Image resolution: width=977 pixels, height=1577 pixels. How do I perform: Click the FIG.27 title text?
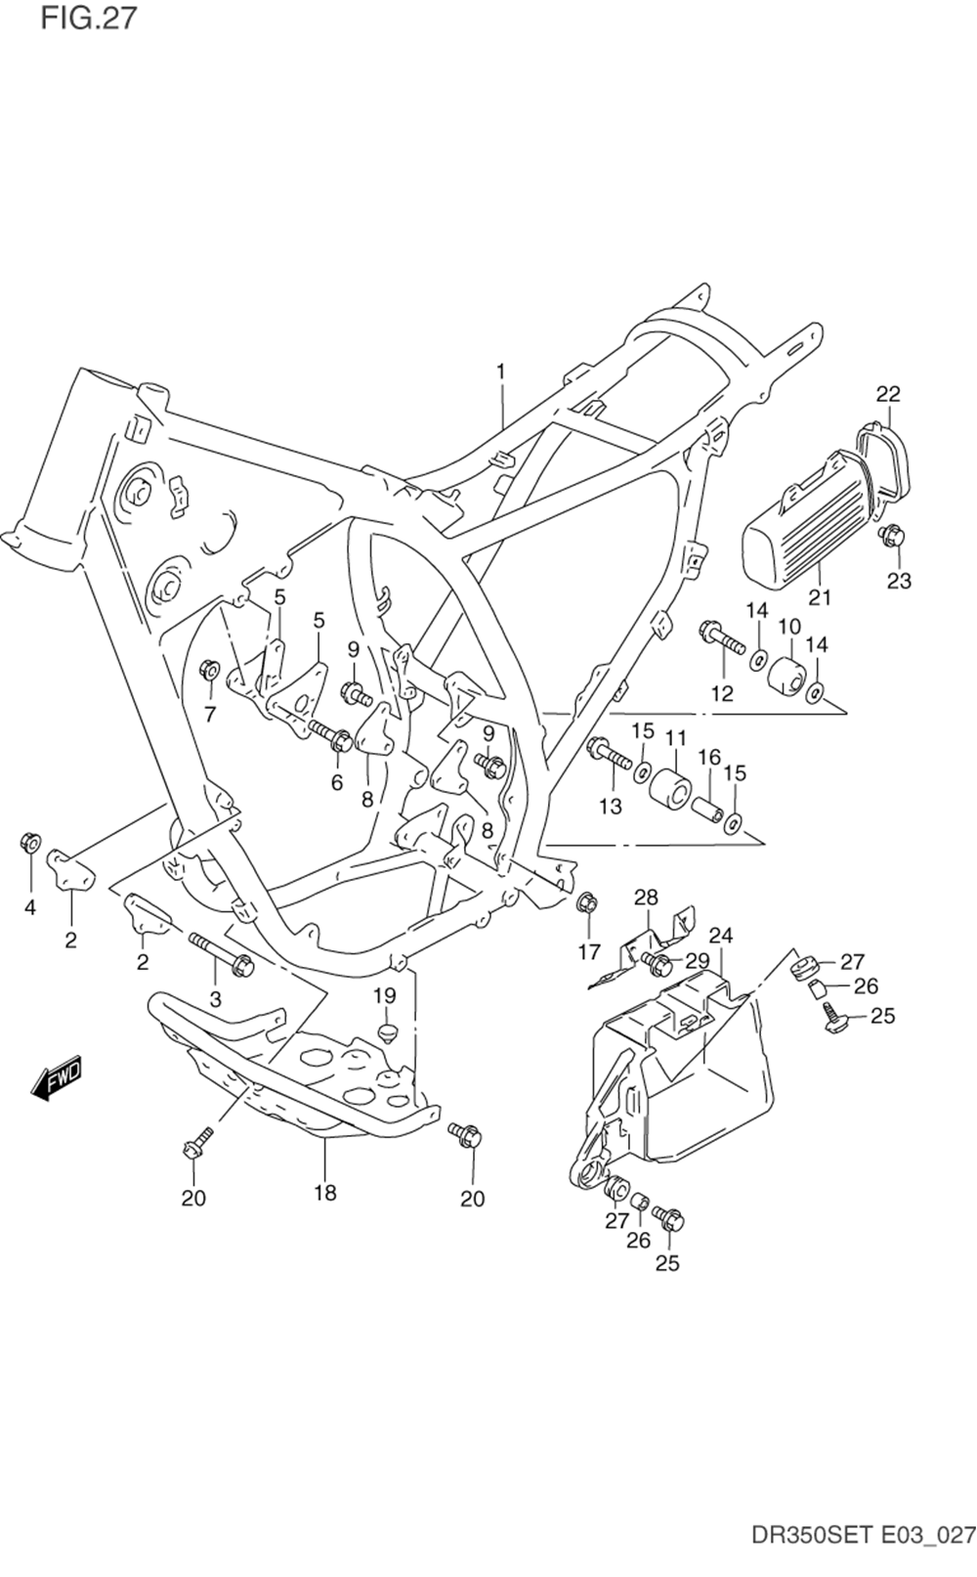click(x=89, y=17)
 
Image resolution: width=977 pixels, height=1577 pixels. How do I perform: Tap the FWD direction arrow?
click(x=57, y=1076)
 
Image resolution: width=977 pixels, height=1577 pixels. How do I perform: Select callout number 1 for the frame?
click(x=501, y=371)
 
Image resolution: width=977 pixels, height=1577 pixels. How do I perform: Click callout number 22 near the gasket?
click(x=888, y=394)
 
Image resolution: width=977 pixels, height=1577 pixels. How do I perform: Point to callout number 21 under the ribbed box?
click(x=820, y=597)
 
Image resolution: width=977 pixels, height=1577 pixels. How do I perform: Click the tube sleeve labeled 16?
click(x=709, y=809)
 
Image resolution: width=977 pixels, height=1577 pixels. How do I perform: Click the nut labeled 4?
click(x=30, y=842)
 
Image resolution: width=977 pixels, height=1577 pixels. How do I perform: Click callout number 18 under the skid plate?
click(x=325, y=1193)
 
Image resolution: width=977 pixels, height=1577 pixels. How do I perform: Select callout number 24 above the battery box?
click(x=722, y=936)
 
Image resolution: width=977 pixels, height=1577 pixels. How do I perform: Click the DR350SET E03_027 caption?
click(x=864, y=1549)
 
